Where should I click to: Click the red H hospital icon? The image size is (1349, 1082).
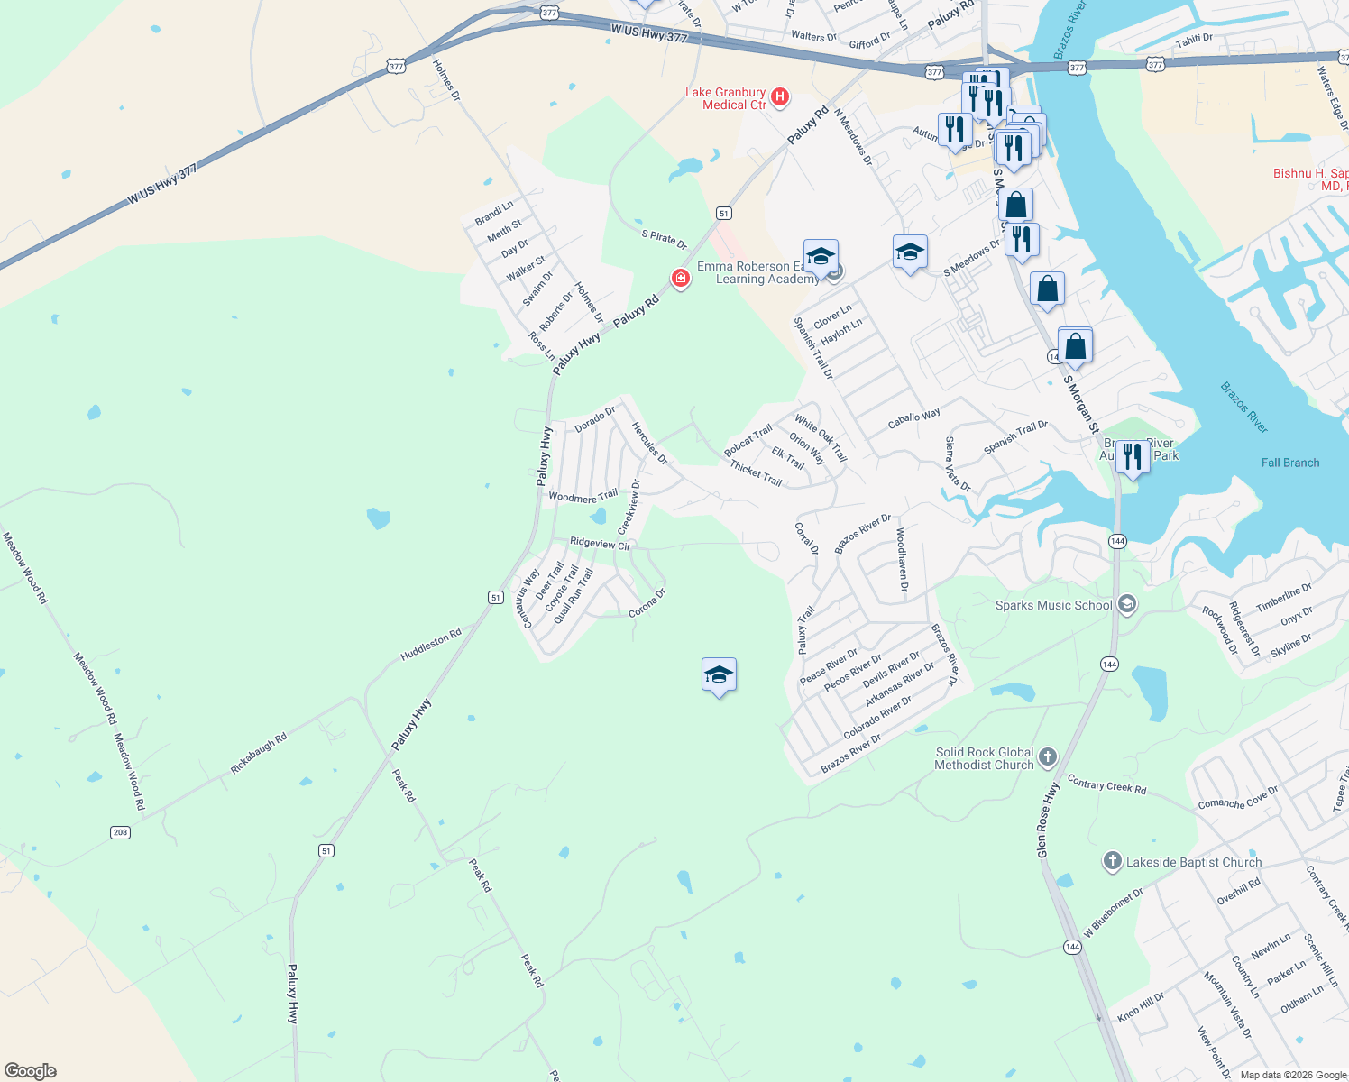click(780, 96)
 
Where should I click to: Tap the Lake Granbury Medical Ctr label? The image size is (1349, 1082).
click(725, 98)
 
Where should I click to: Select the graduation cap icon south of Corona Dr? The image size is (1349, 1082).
click(719, 675)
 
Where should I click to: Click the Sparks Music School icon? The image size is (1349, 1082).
click(1126, 604)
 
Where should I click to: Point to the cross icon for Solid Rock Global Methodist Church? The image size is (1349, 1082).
click(1047, 756)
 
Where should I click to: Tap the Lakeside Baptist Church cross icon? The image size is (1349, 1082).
click(1112, 861)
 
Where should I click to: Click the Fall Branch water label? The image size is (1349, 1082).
click(1289, 463)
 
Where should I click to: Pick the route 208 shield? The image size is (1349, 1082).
click(120, 832)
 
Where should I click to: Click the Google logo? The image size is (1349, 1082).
click(31, 1070)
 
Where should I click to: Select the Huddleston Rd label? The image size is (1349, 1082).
click(430, 644)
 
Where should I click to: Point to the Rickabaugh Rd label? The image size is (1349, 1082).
click(259, 752)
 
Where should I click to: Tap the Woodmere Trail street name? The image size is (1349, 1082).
click(583, 496)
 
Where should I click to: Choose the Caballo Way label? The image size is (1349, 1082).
click(913, 417)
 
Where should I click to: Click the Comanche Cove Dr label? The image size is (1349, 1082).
click(1237, 798)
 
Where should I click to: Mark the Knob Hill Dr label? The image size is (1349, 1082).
click(1141, 1005)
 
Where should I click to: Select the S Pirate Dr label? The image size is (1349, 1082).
click(664, 239)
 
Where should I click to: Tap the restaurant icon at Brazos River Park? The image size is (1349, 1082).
click(1132, 456)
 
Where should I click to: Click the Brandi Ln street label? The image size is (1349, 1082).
click(493, 213)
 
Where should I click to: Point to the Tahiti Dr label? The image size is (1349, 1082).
click(1194, 39)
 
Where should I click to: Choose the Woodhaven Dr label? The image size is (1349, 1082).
click(902, 559)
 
